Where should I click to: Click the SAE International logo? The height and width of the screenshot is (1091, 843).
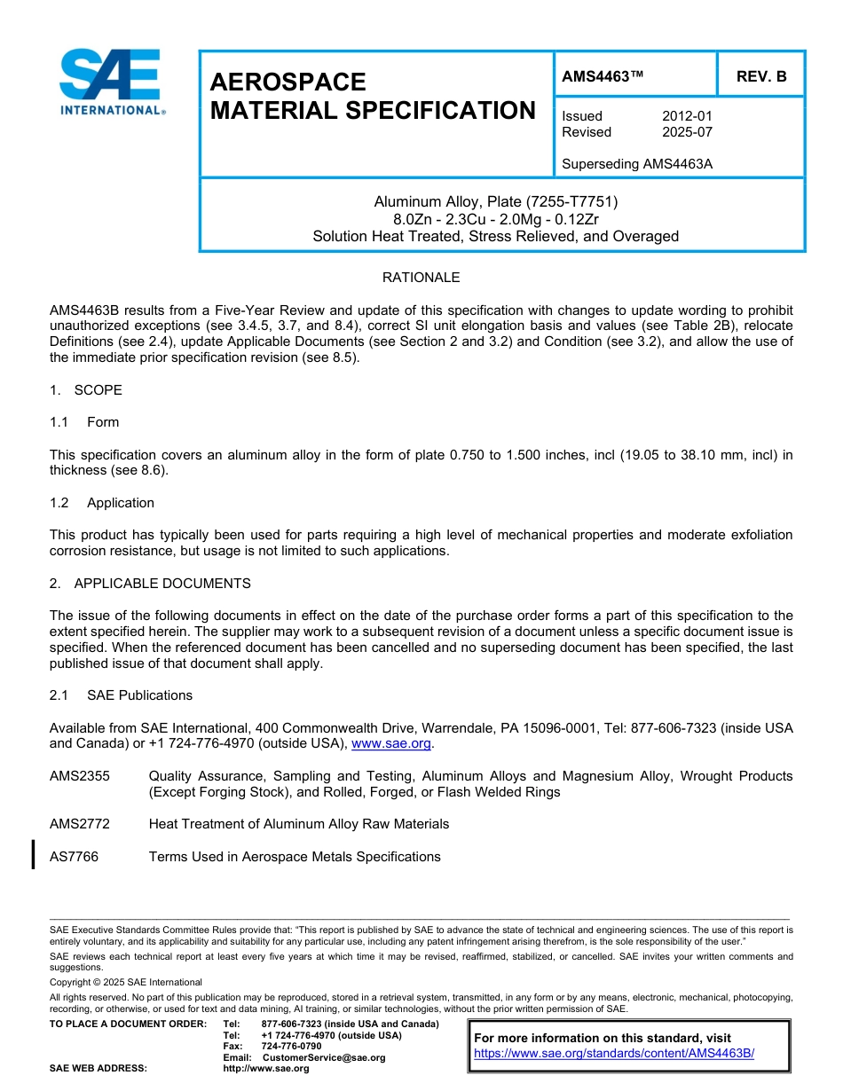[x=111, y=82]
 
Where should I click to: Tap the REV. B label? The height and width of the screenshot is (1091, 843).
[x=760, y=76]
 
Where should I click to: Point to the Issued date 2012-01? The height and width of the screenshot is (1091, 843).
[x=687, y=116]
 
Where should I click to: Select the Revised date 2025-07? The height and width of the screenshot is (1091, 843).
[x=687, y=132]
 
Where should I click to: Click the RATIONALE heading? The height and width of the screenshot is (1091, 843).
[x=421, y=278]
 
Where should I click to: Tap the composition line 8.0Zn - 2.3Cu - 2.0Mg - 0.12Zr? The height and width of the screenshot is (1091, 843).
[x=496, y=219]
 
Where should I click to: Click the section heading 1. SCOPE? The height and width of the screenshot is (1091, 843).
[x=86, y=390]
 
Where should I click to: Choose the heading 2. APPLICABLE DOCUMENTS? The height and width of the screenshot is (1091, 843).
[x=150, y=584]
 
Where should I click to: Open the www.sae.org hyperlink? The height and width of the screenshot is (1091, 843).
[x=391, y=743]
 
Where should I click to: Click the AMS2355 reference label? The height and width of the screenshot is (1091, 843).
[x=80, y=776]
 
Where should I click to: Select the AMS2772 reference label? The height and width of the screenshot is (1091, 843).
[x=80, y=824]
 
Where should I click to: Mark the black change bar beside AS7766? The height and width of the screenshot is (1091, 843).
[x=34, y=855]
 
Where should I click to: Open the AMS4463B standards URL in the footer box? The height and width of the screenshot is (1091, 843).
[x=613, y=1054]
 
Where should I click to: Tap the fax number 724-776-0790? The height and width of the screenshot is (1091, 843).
[x=291, y=1047]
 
